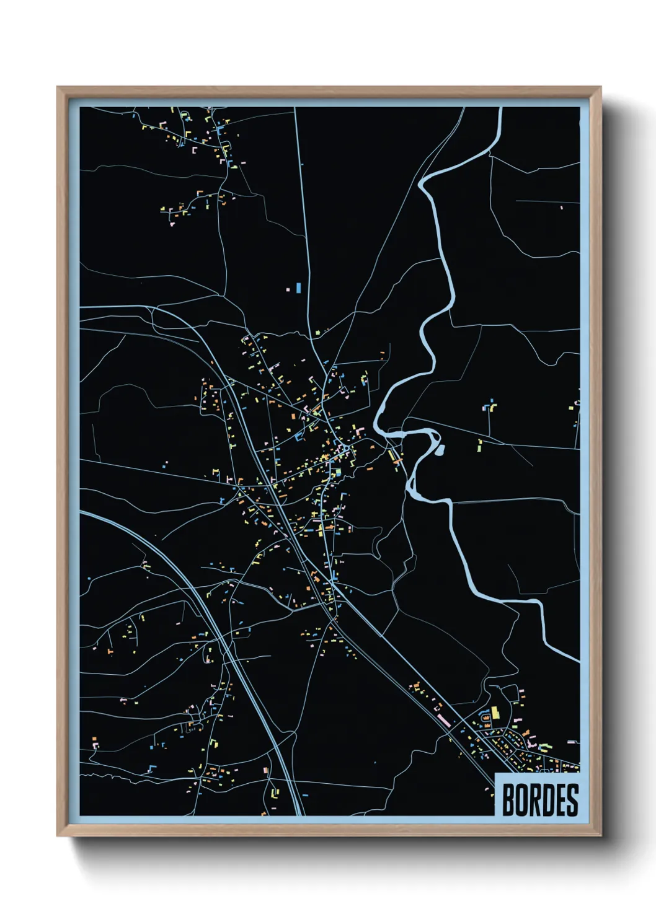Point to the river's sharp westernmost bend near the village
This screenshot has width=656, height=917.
point(376,424)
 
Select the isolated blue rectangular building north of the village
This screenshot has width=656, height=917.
point(298,287)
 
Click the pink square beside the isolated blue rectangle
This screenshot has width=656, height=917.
point(288,289)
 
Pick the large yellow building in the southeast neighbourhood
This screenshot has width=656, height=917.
point(495,713)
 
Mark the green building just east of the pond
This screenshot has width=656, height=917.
point(479,445)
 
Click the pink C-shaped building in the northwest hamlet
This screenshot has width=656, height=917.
point(194,149)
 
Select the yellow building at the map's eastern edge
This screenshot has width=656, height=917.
point(572,408)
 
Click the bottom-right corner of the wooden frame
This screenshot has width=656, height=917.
point(600,836)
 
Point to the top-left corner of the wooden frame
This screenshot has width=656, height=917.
point(58,87)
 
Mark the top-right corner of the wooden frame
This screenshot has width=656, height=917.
point(600,87)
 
